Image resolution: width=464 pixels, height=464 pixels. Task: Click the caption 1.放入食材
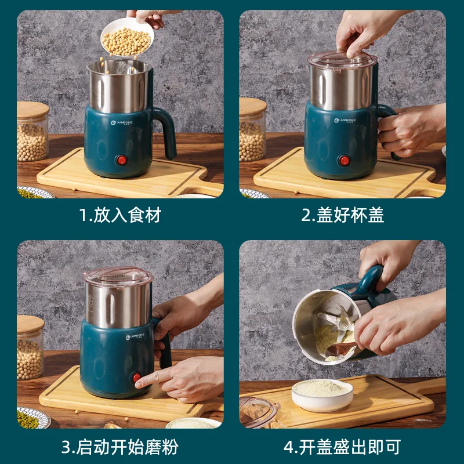pos(120,215)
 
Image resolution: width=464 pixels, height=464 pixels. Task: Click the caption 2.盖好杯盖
pos(342,215)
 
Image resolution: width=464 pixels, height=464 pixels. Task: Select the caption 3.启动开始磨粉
pos(120,447)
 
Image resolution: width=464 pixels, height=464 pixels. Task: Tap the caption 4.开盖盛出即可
pos(342,447)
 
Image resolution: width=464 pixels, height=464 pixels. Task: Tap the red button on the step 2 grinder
pos(345,159)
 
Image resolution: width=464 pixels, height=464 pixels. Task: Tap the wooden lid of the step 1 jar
pos(32,111)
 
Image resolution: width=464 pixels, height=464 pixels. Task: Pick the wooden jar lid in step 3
pos(30,324)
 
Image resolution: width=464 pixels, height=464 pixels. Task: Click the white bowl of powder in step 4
pos(322,394)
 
